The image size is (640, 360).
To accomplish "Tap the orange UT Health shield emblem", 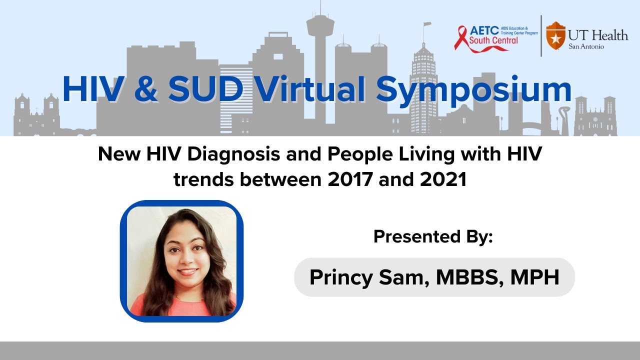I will coord(553,35).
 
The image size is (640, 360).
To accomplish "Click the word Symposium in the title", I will coord(473,90).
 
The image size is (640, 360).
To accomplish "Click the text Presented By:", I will coord(433,236).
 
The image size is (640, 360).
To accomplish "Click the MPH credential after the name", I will coord(534,277).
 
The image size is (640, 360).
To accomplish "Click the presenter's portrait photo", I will coord(181,261).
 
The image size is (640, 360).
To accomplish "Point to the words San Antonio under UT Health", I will coord(586,46).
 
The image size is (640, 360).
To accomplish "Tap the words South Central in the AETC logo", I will coord(493,40).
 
